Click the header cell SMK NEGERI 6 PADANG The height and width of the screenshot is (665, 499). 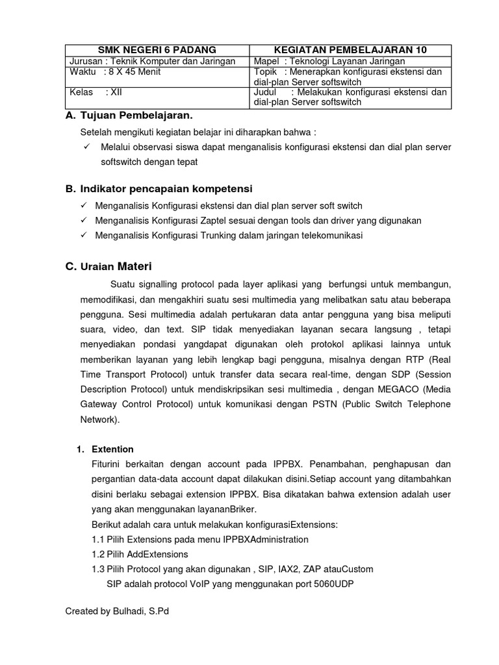157,50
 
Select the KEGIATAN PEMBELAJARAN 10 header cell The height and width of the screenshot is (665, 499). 350,50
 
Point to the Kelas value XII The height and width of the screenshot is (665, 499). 116,92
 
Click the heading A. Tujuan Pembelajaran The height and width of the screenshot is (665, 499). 129,116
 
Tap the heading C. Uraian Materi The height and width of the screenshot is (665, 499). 110,266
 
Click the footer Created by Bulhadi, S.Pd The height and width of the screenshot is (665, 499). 118,611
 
